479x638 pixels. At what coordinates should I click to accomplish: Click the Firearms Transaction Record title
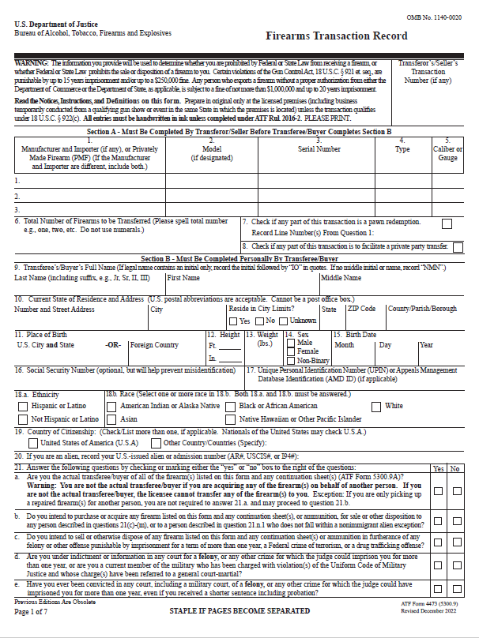(x=337, y=36)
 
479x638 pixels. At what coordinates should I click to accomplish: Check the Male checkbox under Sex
(x=292, y=343)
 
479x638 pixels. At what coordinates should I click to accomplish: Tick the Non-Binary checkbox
(x=292, y=359)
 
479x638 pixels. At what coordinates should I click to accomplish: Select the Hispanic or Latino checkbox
(x=23, y=406)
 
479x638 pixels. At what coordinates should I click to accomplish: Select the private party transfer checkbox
(x=458, y=247)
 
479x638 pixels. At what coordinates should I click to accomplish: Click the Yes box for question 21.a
(x=439, y=490)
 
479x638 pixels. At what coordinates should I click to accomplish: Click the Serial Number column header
(x=319, y=148)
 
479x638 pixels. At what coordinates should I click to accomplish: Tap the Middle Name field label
(x=341, y=277)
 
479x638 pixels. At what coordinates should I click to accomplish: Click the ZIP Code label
(x=361, y=309)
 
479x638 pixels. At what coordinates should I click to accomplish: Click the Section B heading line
(x=239, y=258)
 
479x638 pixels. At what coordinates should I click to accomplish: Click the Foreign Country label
(x=154, y=345)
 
